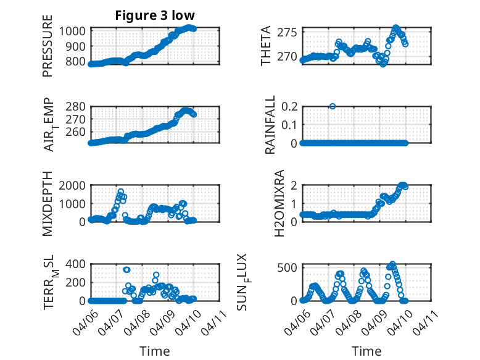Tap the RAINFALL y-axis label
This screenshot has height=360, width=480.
(x=270, y=125)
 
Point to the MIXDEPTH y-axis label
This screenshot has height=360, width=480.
(x=48, y=204)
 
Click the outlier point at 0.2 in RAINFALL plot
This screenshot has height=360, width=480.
(x=333, y=106)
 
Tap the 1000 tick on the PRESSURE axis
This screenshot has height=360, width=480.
(x=75, y=31)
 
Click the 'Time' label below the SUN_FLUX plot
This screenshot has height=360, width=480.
(x=366, y=351)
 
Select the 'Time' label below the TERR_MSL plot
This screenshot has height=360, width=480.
(x=155, y=351)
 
